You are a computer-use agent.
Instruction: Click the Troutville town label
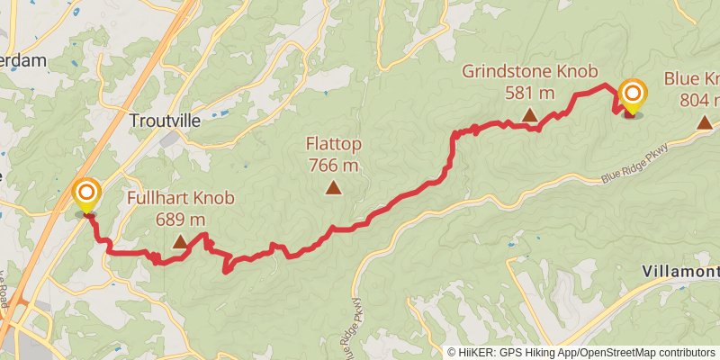coord(161,121)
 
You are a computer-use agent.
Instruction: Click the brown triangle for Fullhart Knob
coord(180,241)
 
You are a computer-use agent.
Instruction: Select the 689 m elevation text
coord(180,219)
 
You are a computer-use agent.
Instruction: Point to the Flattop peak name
coord(333,144)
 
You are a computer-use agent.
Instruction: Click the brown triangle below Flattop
coord(334,187)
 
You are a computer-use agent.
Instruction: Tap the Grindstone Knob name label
coord(529,71)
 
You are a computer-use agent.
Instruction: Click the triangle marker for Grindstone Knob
coord(530,114)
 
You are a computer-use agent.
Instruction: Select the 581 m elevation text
coord(529,92)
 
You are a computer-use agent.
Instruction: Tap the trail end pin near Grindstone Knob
coord(633,96)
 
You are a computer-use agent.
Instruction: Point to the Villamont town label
coord(681,271)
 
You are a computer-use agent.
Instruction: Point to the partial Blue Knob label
coord(693,78)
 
